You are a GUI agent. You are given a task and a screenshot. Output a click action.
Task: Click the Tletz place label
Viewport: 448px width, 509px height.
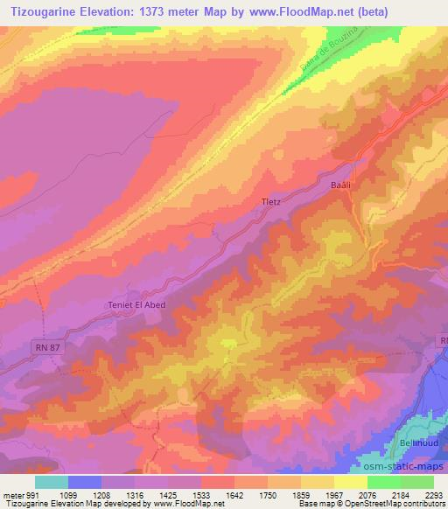pyautogui.click(x=271, y=201)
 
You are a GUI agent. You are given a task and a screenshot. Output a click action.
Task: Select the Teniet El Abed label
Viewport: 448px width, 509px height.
pyautogui.click(x=136, y=304)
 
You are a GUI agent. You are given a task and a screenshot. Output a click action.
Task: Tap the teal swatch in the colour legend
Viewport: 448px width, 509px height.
pyautogui.click(x=52, y=482)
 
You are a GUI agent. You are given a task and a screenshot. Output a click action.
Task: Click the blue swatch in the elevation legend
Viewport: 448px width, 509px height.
pyautogui.click(x=85, y=482)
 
